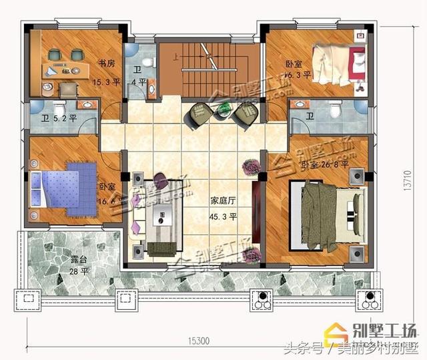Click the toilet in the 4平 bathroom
[x=151, y=64]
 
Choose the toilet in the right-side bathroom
[x=336, y=108]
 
